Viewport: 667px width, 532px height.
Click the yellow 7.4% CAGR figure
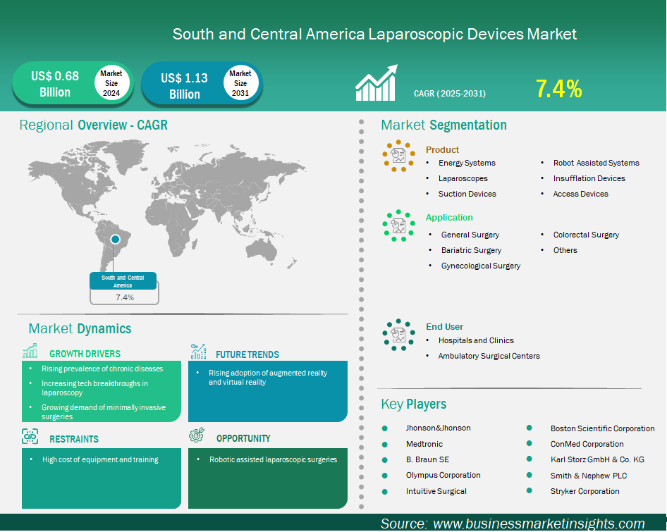click(558, 89)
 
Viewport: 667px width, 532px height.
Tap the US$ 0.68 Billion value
click(55, 84)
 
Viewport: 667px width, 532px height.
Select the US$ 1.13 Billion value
click(184, 86)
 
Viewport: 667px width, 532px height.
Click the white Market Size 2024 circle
click(111, 83)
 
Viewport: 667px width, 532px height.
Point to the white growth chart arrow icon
click(377, 83)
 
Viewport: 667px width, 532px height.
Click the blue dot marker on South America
click(115, 240)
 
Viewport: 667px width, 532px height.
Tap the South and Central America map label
click(123, 281)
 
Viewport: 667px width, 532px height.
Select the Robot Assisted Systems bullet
click(596, 163)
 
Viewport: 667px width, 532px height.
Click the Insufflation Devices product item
click(589, 178)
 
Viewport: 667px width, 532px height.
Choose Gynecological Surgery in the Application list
click(481, 266)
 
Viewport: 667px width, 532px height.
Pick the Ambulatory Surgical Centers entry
click(489, 356)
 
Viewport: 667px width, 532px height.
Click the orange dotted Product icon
click(398, 156)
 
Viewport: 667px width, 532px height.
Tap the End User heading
click(444, 327)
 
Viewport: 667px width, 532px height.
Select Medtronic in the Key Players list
click(424, 444)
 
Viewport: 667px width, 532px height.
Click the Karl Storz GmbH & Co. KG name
click(597, 459)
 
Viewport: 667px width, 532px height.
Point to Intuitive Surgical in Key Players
click(436, 491)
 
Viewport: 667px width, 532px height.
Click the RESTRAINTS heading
click(74, 439)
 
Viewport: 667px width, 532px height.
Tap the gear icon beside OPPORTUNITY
click(197, 435)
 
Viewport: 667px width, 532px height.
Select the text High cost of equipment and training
click(100, 459)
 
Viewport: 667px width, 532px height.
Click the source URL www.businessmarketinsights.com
click(539, 524)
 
